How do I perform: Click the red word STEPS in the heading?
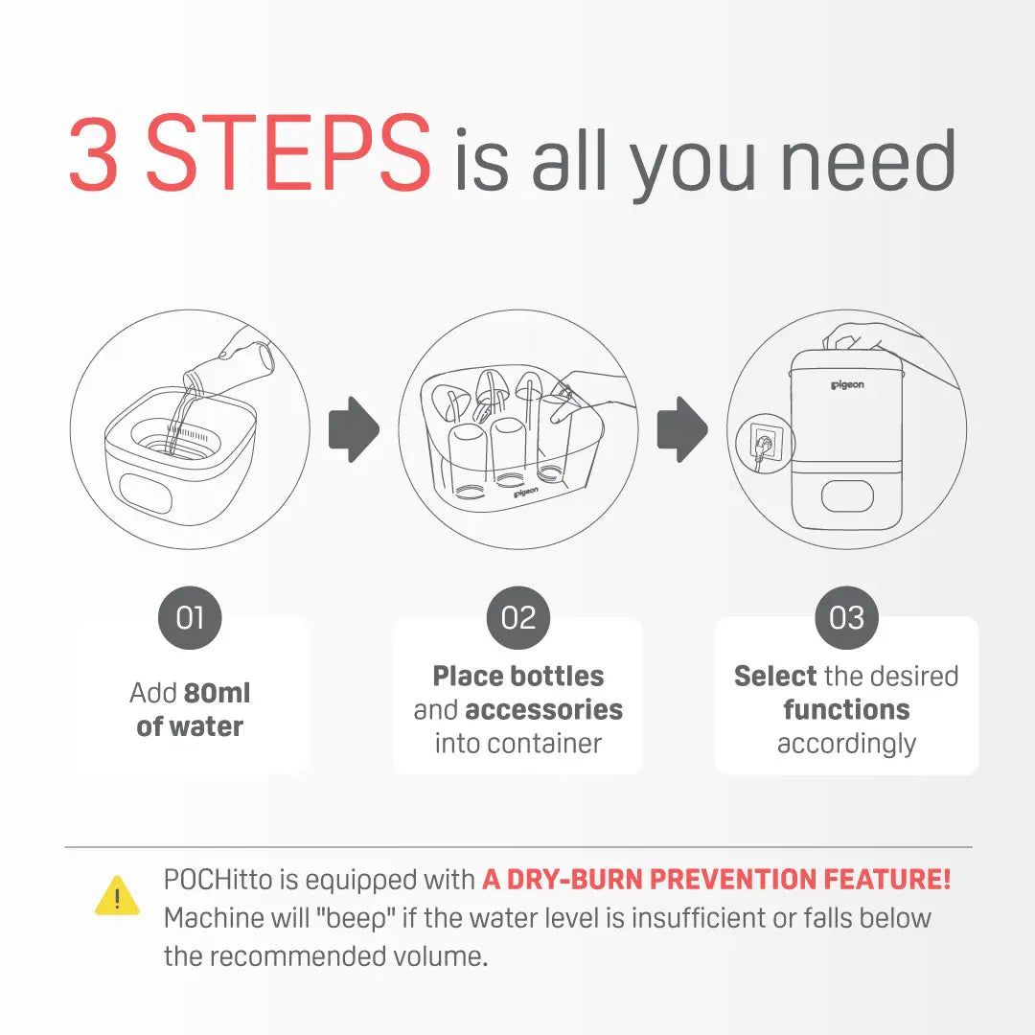click(287, 153)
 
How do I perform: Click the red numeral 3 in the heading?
click(94, 153)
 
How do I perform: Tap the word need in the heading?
click(867, 158)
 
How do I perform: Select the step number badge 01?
click(190, 618)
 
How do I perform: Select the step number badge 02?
click(518, 618)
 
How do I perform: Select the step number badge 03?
click(847, 618)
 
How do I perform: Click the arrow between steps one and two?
click(355, 429)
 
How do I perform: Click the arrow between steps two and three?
click(682, 429)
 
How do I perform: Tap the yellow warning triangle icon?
click(118, 896)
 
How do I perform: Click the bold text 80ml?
click(218, 693)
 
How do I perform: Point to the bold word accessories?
click(544, 709)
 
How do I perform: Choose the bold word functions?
click(847, 709)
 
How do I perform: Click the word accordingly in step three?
click(847, 745)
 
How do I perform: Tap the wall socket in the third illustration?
click(766, 442)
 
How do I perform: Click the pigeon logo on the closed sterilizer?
click(847, 385)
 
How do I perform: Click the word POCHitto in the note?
click(218, 880)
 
